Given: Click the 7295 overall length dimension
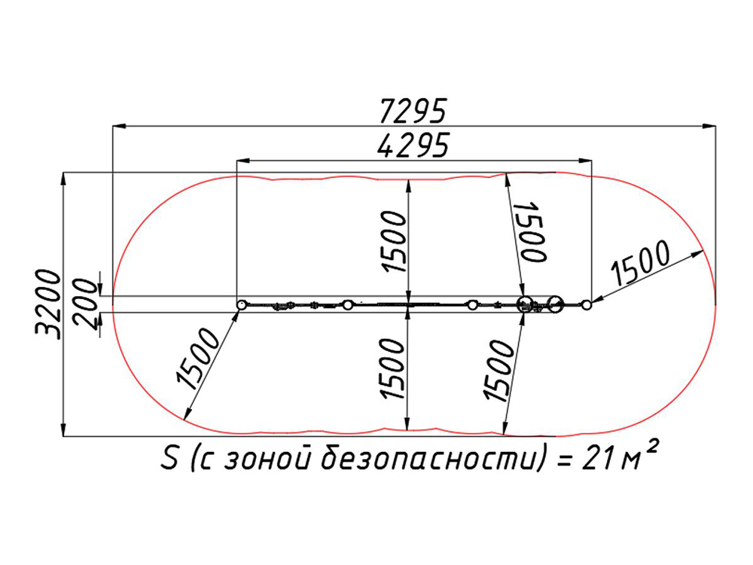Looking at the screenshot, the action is pos(413,111).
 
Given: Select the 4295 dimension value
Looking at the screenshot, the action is pos(413,145).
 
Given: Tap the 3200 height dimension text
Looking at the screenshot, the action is pos(48,304).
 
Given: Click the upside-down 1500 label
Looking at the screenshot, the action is pos(531,231).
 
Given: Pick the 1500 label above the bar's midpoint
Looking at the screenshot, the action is pos(395,242).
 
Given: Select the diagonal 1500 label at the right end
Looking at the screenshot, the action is pos(639,262).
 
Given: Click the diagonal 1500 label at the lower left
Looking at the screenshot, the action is pos(198,358).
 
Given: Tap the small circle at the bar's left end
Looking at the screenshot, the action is pos(242,305).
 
